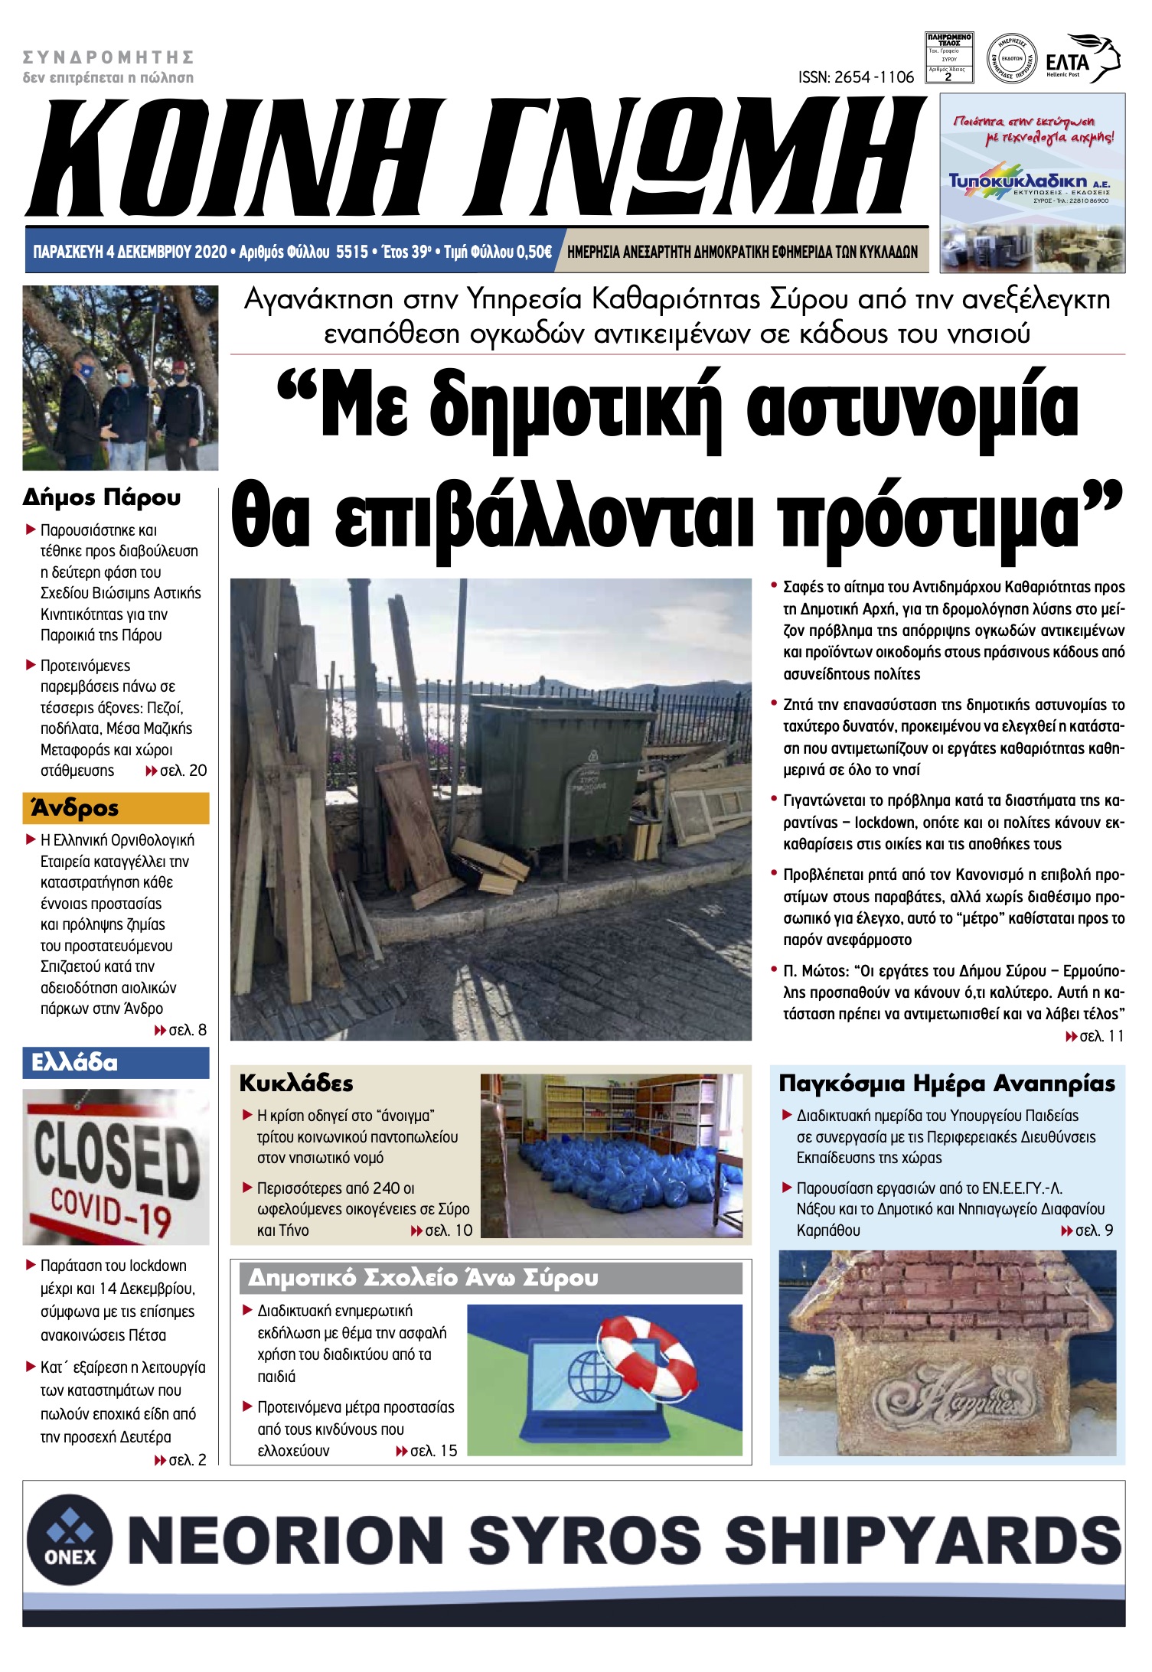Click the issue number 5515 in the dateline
coord(352,253)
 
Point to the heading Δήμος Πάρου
coord(102,497)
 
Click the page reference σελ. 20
coord(182,771)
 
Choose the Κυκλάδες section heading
coord(296,1084)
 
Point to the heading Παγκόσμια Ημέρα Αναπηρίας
coord(947,1084)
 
